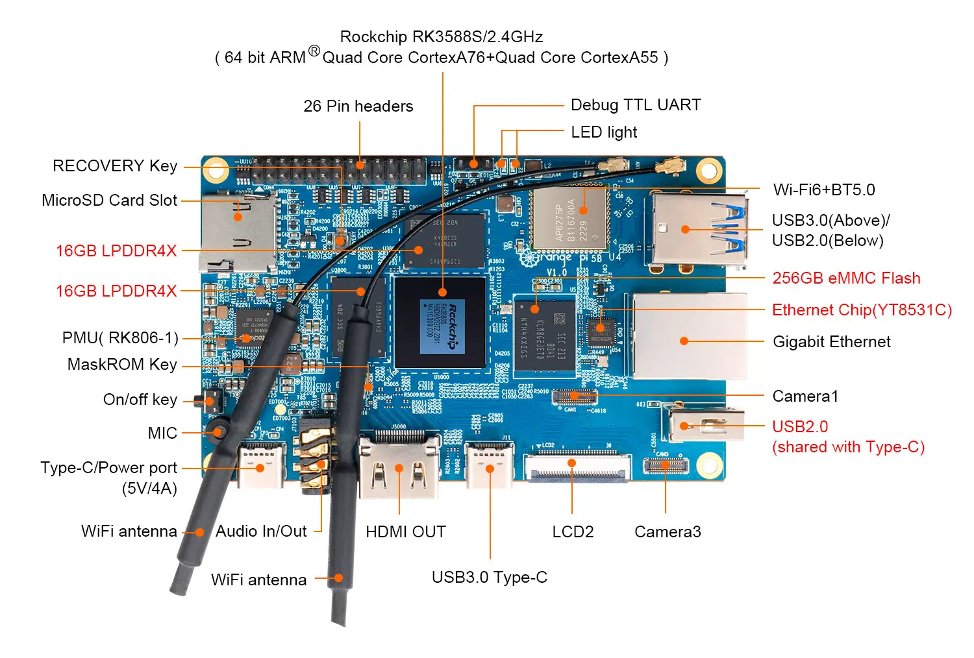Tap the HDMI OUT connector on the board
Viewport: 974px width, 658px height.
pos(399,466)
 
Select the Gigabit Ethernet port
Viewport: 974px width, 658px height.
pos(688,337)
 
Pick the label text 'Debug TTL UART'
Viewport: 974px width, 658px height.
pos(636,105)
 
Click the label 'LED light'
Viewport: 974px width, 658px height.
pos(604,132)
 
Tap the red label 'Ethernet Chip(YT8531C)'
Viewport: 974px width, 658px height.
pos(862,310)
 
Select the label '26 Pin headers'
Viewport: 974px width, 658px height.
pos(358,106)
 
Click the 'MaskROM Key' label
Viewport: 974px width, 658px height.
pos(122,365)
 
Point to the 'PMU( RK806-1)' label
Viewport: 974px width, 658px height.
pos(120,338)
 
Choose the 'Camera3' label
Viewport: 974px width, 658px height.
pos(668,532)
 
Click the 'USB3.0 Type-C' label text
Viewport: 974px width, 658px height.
pos(490,578)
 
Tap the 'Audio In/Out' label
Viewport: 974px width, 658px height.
pos(261,531)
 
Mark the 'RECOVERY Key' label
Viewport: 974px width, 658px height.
pos(115,166)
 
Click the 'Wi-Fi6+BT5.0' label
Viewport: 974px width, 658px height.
pos(824,190)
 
